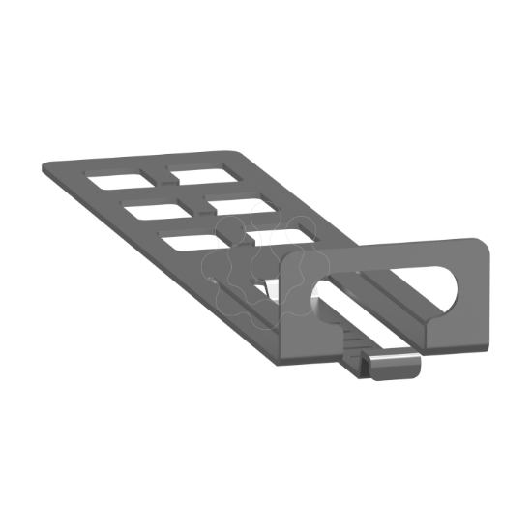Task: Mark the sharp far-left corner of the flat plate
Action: [x=44, y=171]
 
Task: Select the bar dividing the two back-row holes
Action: [x=155, y=177]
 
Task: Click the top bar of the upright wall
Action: [x=387, y=253]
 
